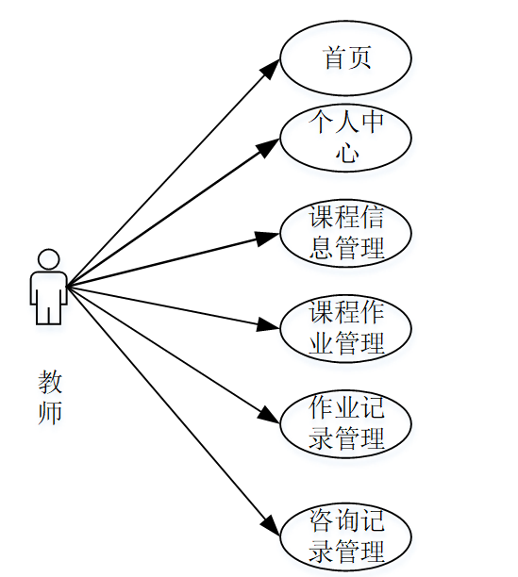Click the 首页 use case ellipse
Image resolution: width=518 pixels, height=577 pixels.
[346, 58]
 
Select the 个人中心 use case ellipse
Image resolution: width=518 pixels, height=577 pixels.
[346, 139]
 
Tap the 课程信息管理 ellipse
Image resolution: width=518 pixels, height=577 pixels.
[346, 234]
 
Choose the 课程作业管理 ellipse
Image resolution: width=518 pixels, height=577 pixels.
[346, 328]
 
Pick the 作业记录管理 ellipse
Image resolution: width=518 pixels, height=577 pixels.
[346, 423]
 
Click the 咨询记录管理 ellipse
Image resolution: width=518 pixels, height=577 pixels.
[346, 535]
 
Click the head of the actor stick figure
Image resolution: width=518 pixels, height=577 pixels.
[48, 258]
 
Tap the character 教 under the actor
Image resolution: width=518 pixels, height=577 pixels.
[50, 382]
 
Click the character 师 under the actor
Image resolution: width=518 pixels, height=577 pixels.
[50, 413]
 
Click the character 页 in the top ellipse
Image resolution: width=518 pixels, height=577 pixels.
[360, 58]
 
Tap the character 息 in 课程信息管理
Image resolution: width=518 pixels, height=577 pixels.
[321, 249]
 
